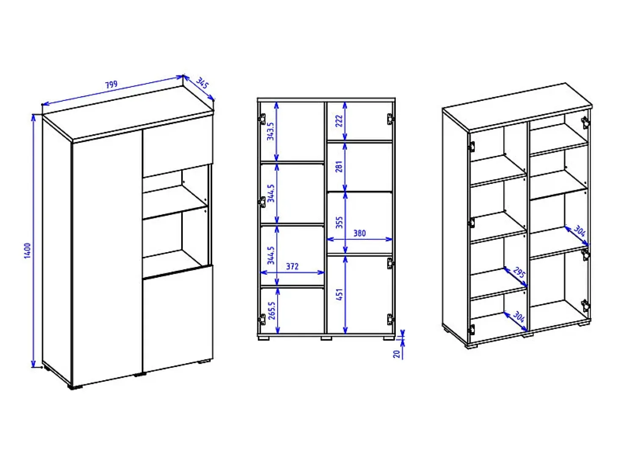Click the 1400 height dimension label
pos(28,250)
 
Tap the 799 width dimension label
pos(111,84)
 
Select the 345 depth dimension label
pos(202,83)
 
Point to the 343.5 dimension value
pos(270,131)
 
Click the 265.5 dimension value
pos(272,311)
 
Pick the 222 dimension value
pos(339,121)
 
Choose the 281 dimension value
pos(339,167)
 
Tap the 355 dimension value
pos(339,222)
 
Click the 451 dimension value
pos(340,295)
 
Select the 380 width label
pos(359,233)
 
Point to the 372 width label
pos(292,266)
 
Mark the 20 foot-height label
pos(397,354)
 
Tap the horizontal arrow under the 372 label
pos(292,272)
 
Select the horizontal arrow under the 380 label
pos(359,239)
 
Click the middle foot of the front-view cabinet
pos(326,338)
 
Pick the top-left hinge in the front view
pos(262,119)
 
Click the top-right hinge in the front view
pos(390,119)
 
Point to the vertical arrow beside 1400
pos(33,241)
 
